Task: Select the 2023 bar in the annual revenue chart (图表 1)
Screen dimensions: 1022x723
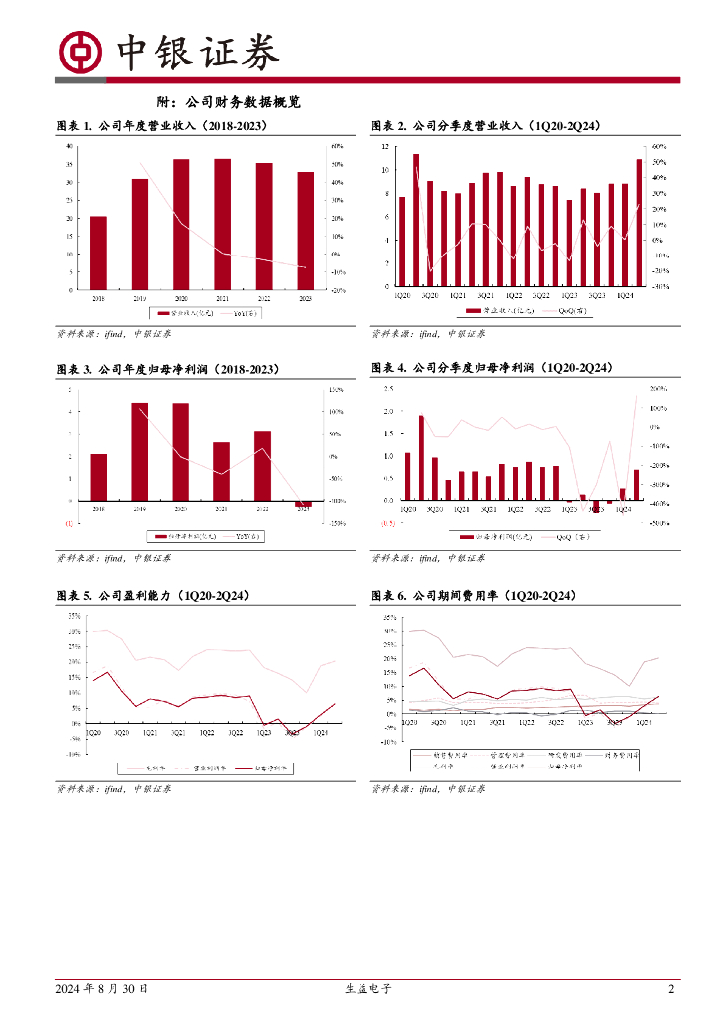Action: tap(306, 231)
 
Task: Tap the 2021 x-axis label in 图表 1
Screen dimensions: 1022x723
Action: tap(222, 298)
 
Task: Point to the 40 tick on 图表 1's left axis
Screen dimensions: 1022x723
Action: tap(69, 146)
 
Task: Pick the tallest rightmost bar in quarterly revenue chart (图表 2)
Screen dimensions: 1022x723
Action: tap(639, 222)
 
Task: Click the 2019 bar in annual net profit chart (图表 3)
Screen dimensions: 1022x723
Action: tap(140, 452)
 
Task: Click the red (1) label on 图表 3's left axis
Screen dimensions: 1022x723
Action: tap(69, 523)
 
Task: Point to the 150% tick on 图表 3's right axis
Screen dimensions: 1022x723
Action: tap(338, 389)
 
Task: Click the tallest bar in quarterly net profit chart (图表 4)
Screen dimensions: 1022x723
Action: tap(421, 458)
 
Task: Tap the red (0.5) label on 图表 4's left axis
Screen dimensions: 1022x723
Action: tap(388, 523)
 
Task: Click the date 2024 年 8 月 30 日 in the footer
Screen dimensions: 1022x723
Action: tap(103, 989)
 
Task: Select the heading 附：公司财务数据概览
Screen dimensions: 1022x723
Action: tap(230, 102)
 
